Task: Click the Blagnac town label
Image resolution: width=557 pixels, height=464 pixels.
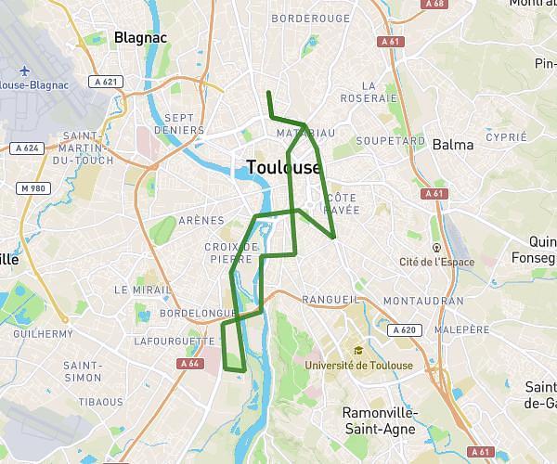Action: click(x=139, y=38)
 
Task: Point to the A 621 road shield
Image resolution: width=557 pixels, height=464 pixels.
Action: click(x=110, y=82)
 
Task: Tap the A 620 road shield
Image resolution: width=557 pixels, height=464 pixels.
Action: click(x=405, y=329)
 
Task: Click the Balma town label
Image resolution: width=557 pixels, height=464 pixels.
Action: click(x=452, y=145)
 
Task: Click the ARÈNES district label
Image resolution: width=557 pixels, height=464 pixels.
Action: click(x=201, y=220)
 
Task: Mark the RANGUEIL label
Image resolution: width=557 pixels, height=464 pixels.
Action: click(x=330, y=300)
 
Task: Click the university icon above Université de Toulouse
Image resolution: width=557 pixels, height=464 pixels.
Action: click(x=358, y=350)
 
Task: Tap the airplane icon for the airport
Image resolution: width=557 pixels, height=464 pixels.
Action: click(x=22, y=71)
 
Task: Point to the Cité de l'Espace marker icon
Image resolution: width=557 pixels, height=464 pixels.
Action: click(x=436, y=248)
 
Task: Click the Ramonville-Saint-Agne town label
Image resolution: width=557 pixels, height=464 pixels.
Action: click(x=380, y=419)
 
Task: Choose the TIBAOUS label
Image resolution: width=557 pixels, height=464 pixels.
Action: click(x=100, y=402)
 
